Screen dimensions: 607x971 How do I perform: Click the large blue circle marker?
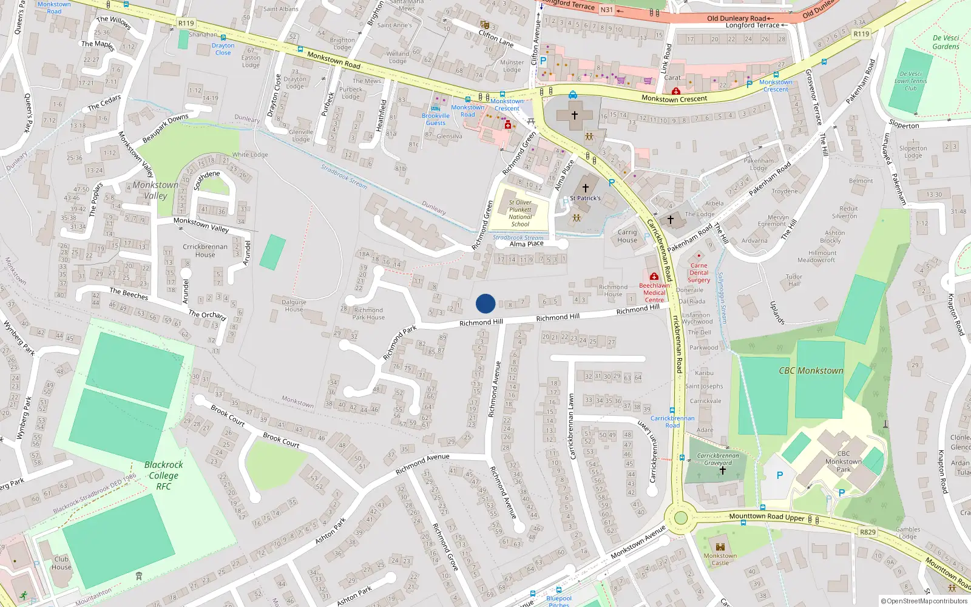coord(486,303)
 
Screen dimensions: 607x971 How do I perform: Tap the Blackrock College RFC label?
coord(163,475)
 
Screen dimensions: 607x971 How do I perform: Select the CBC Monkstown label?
coord(811,370)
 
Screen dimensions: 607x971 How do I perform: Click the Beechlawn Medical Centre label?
coord(654,293)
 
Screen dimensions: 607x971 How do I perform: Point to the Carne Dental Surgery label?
coord(699,273)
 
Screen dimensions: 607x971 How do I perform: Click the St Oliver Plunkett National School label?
coord(520,213)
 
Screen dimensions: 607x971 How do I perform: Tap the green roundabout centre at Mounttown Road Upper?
coord(680,518)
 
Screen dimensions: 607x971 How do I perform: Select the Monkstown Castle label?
coord(720,559)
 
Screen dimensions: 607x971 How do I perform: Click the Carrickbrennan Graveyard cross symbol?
coord(722,470)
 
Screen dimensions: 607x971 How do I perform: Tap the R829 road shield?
coord(868,532)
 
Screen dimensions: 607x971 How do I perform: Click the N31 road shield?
coord(606,10)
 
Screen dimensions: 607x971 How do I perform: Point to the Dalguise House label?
coord(294,305)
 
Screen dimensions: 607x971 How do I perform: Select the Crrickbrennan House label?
coord(205,251)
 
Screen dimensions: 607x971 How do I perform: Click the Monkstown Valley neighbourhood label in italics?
coord(155,190)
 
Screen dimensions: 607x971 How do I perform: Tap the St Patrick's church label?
coord(585,198)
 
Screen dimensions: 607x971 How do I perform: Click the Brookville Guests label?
coord(436,119)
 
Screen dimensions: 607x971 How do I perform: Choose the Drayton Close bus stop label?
coord(223,49)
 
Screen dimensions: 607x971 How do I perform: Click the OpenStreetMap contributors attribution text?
coord(924,601)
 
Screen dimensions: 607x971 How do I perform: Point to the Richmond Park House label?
coord(368,313)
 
